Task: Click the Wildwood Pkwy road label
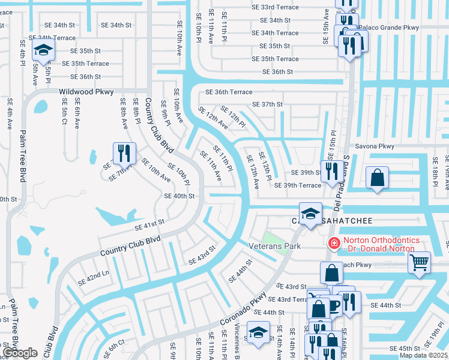click(x=86, y=92)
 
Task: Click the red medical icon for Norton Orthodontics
click(x=333, y=244)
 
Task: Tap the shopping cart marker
click(x=419, y=262)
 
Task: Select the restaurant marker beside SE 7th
click(x=124, y=153)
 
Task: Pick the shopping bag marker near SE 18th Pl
click(x=377, y=178)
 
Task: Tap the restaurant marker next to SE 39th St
click(x=331, y=170)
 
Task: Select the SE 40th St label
click(x=179, y=196)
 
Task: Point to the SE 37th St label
click(x=267, y=104)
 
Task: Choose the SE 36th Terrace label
click(x=229, y=92)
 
